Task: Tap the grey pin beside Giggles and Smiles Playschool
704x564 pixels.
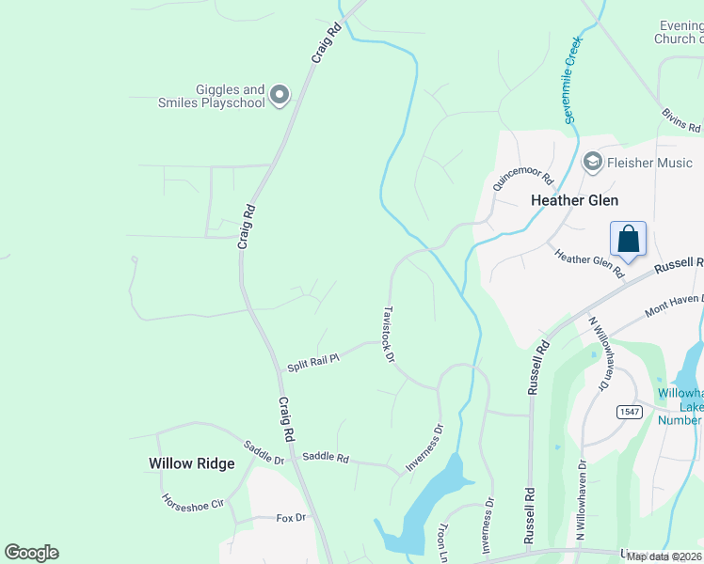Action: click(279, 94)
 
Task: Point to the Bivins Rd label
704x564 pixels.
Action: click(680, 120)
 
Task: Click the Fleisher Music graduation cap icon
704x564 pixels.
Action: click(593, 163)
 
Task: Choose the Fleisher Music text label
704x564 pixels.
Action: click(649, 164)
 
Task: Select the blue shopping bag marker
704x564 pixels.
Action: click(628, 240)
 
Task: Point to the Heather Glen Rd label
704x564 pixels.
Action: click(589, 263)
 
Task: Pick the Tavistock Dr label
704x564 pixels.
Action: click(388, 333)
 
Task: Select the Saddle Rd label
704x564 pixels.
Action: click(326, 459)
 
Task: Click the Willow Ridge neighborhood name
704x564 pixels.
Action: click(184, 463)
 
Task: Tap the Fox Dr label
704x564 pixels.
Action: click(292, 518)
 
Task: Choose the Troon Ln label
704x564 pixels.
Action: click(440, 543)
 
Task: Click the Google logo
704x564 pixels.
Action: click(31, 553)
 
